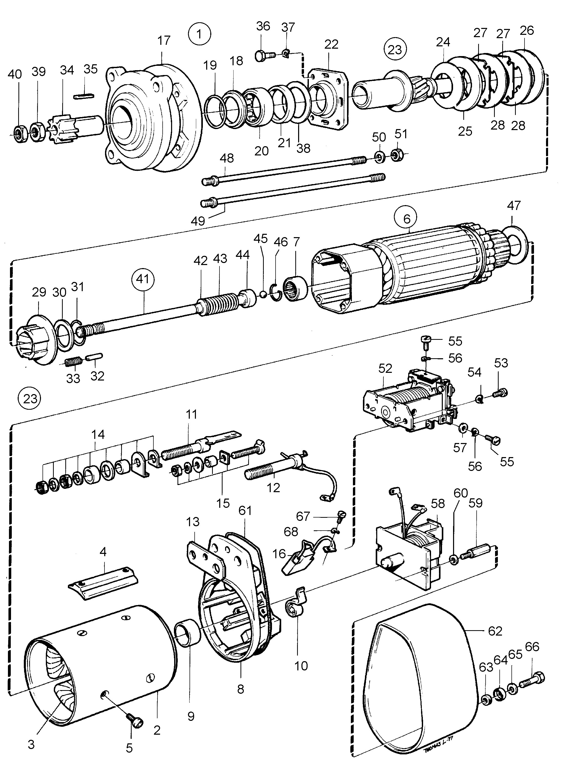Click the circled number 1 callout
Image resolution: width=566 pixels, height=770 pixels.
[x=200, y=34]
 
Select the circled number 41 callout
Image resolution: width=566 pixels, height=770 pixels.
[x=143, y=279]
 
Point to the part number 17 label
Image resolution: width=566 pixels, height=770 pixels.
[x=164, y=40]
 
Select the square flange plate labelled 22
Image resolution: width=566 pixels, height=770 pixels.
[x=328, y=99]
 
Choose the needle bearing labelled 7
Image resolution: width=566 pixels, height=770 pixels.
[x=295, y=288]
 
